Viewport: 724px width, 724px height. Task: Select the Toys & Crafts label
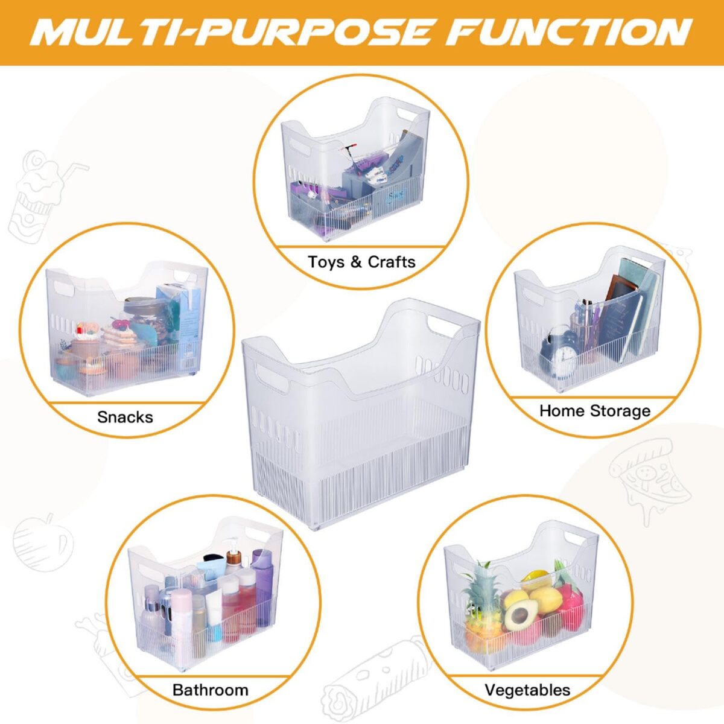click(x=362, y=261)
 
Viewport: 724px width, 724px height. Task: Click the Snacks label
click(x=125, y=417)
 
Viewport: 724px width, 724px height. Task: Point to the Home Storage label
click(x=595, y=411)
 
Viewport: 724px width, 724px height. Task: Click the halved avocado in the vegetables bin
click(x=521, y=615)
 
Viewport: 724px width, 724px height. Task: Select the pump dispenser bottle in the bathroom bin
click(x=232, y=555)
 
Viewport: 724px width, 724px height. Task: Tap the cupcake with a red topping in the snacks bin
click(x=84, y=342)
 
